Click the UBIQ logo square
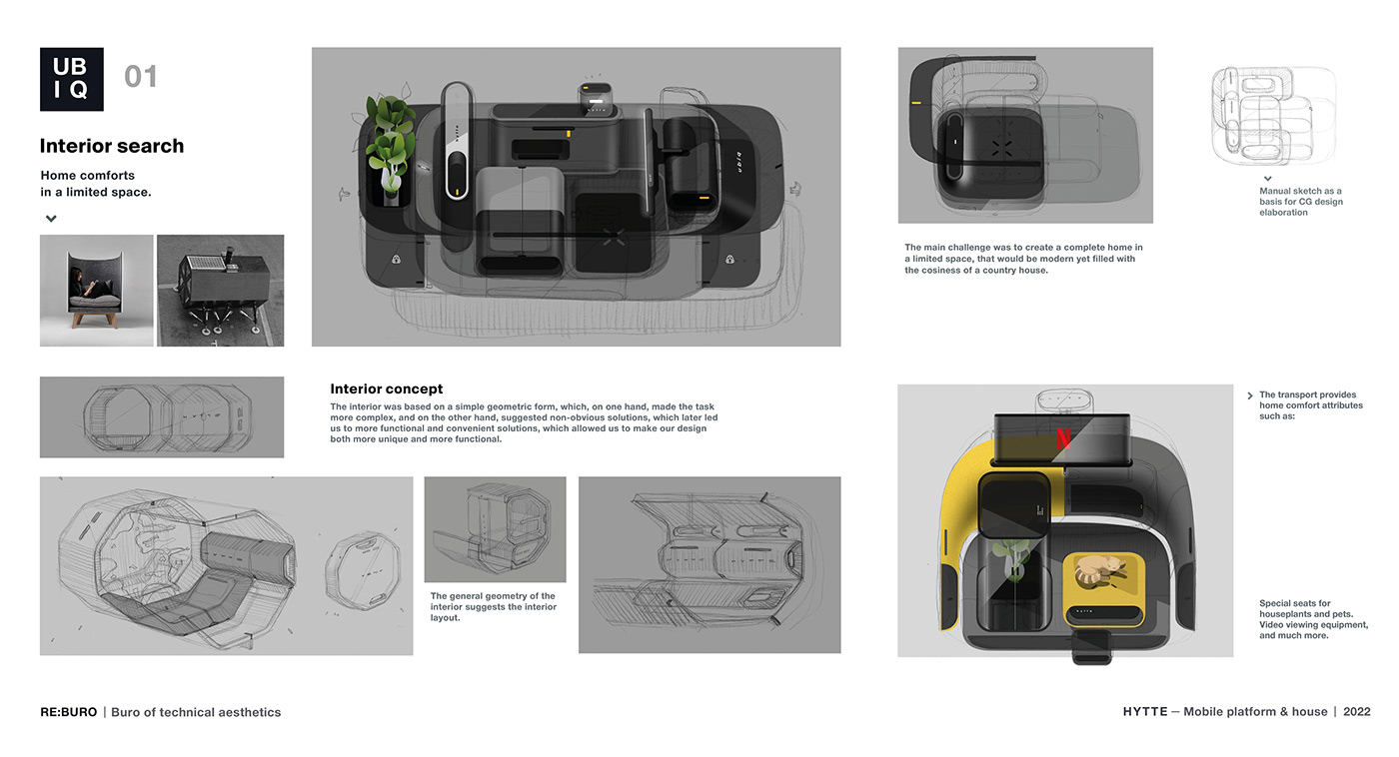71,79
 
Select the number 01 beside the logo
141,77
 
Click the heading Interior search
112,146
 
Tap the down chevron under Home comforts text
51,219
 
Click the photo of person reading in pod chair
96,291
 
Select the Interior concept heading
386,389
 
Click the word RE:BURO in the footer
69,712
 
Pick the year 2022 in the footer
1356,712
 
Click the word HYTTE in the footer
1144,712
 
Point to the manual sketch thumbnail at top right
1272,115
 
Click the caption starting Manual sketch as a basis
1300,202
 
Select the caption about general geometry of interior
494,607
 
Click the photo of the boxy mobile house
220,291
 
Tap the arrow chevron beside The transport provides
1250,395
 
